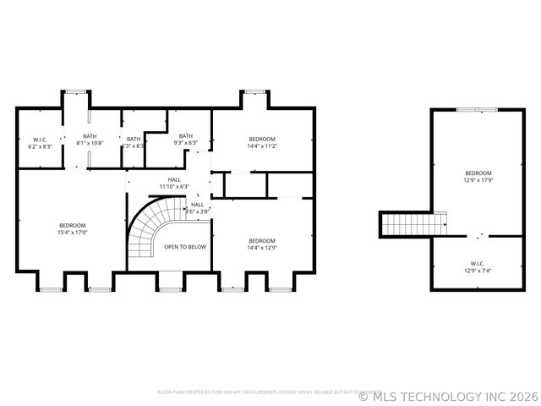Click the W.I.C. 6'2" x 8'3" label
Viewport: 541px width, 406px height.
click(41, 143)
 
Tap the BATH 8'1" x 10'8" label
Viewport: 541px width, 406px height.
click(90, 140)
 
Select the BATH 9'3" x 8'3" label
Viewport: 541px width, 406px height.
click(185, 140)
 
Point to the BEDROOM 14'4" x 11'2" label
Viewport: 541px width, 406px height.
click(261, 143)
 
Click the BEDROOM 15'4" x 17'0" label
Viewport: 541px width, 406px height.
click(72, 228)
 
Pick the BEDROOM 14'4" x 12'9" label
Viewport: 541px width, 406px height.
click(261, 244)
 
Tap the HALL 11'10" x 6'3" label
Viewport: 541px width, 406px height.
click(174, 183)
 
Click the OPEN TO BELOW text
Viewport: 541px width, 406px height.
click(184, 247)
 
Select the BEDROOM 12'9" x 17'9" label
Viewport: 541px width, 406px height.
click(478, 176)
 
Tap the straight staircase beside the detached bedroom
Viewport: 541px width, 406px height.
click(413, 224)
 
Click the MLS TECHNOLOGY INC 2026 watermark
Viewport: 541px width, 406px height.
click(448, 395)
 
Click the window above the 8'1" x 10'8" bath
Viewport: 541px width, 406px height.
click(76, 91)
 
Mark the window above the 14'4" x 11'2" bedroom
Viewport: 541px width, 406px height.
click(254, 91)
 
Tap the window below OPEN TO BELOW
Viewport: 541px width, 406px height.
click(170, 289)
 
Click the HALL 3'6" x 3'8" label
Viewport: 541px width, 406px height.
click(197, 208)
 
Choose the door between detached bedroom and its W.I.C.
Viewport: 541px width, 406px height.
click(478, 236)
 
